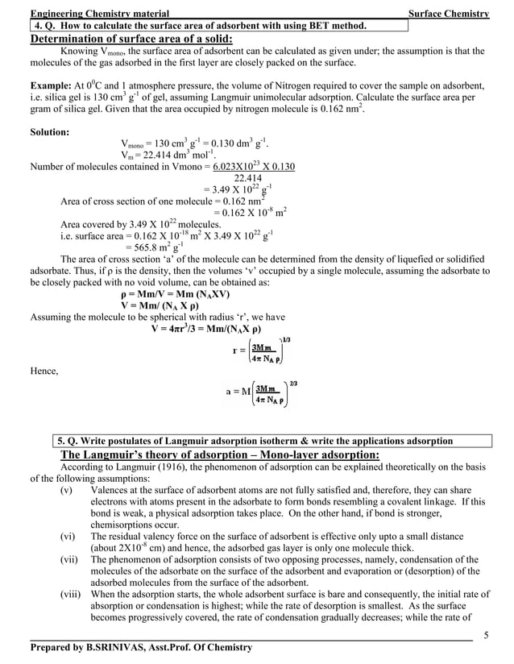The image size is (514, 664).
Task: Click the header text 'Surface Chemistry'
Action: tap(449, 14)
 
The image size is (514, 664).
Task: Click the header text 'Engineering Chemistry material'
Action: tap(99, 14)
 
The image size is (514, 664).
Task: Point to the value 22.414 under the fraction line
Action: tap(247, 178)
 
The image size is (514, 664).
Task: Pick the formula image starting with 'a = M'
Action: tap(259, 396)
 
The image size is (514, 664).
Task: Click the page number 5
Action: tap(486, 633)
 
